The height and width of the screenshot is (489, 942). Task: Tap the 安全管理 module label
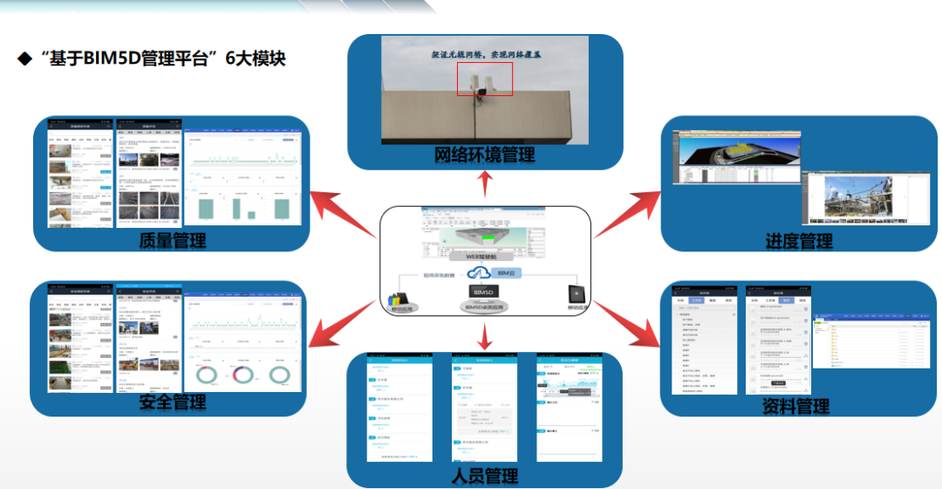click(173, 403)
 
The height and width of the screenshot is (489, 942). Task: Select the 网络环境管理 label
click(485, 155)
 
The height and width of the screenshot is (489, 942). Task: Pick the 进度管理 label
click(799, 241)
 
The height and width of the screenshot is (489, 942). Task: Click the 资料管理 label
click(795, 405)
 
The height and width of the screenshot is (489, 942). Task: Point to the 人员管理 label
click(485, 476)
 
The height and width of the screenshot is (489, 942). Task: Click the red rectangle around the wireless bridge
click(484, 77)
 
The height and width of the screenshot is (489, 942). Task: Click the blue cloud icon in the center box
click(478, 273)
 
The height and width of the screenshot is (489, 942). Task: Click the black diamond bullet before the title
click(24, 59)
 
